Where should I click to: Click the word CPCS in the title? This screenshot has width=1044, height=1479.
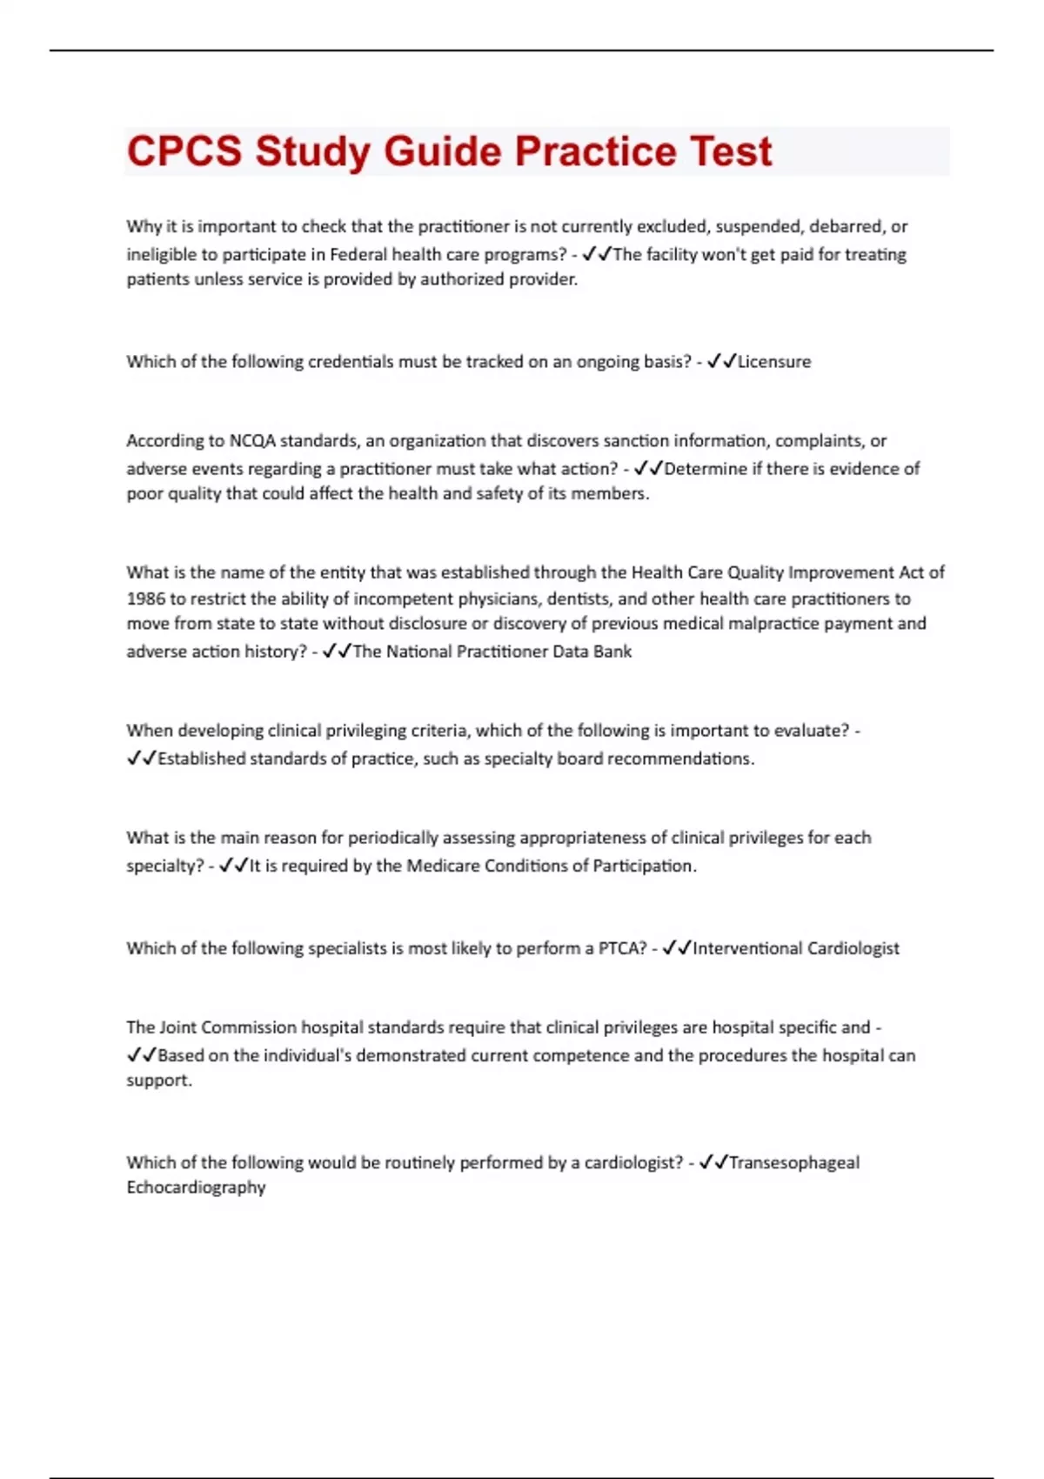coord(184,151)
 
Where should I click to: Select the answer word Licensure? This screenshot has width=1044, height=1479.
coord(774,362)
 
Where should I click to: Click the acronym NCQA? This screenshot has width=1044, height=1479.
coord(252,441)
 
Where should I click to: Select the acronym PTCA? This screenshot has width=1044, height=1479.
coord(621,948)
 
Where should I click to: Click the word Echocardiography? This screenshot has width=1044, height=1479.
coord(196,1188)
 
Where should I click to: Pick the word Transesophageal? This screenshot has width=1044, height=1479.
coord(793,1162)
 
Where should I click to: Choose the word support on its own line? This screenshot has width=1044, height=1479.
coord(158,1081)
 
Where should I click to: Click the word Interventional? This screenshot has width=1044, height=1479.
coord(746,948)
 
